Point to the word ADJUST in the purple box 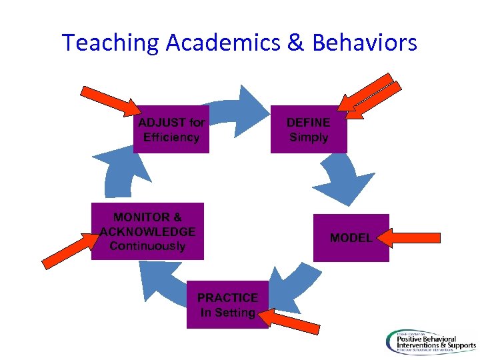[161, 123]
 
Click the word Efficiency [171, 137]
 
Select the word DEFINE [308, 123]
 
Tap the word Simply [308, 137]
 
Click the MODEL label [351, 238]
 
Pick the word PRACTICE [227, 297]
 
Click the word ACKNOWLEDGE [147, 231]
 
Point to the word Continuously [147, 246]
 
